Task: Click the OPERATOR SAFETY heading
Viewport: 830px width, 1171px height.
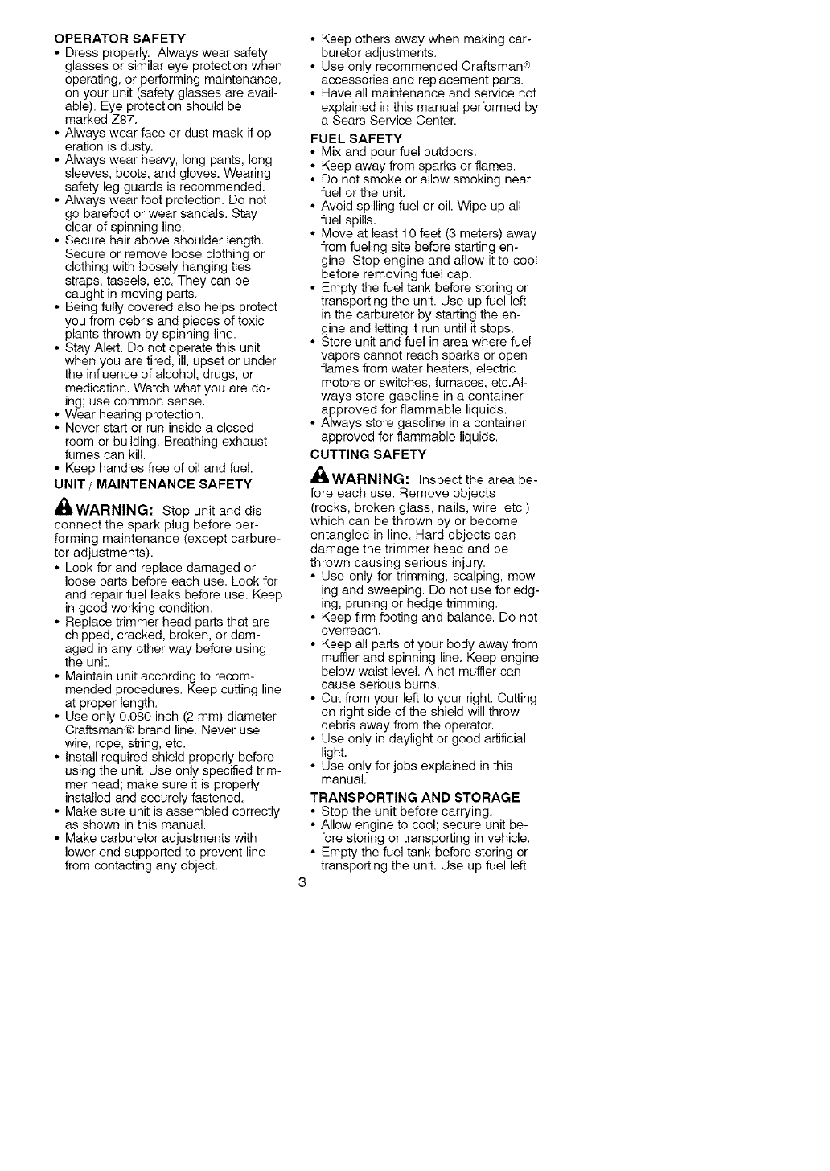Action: pyautogui.click(x=119, y=39)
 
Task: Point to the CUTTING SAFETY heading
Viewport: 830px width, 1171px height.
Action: pyautogui.click(x=357, y=454)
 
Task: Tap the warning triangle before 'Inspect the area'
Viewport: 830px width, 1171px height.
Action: pyautogui.click(x=322, y=478)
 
